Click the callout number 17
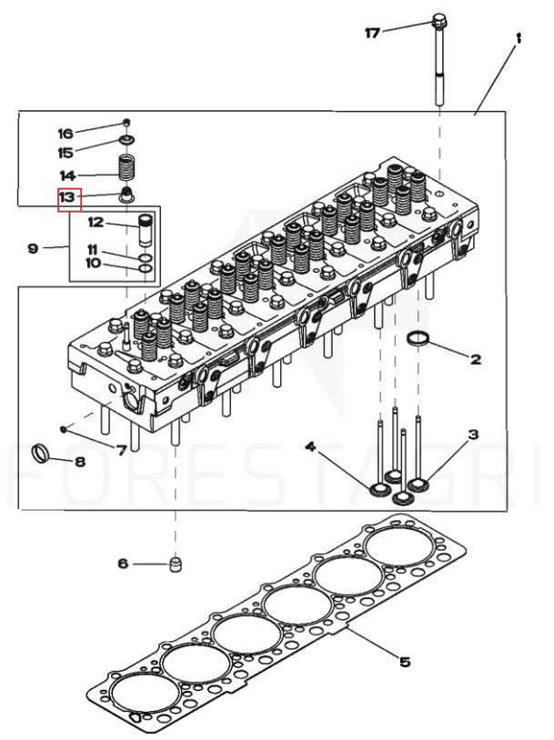(372, 33)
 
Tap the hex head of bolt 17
(439, 21)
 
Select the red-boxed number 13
(67, 196)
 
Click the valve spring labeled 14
(126, 169)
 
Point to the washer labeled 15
(126, 140)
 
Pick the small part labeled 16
(126, 123)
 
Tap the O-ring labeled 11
(146, 258)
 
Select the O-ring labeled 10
(146, 268)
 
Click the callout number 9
(33, 248)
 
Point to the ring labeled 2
(418, 339)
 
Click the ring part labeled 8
(41, 453)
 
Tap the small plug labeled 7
(63, 428)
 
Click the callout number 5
(405, 662)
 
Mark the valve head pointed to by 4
(379, 490)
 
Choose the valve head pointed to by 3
(418, 485)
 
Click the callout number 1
(519, 38)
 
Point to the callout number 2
(475, 360)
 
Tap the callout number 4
(310, 446)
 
